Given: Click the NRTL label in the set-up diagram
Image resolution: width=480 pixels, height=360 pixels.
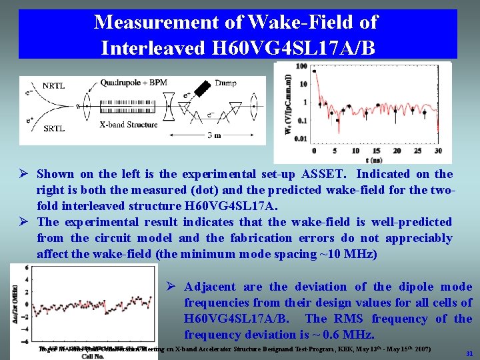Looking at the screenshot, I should coord(53,86).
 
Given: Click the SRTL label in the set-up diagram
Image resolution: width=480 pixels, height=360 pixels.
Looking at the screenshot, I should coord(53,128).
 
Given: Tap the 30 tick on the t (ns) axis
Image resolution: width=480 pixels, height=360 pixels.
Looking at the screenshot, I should coord(438,151).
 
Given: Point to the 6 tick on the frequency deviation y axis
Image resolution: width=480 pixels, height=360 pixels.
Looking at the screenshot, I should coord(27,268).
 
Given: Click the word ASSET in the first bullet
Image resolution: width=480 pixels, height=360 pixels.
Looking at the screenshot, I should coord(315,174).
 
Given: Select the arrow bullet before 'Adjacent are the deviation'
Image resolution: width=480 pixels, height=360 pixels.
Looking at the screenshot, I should coord(172,287).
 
